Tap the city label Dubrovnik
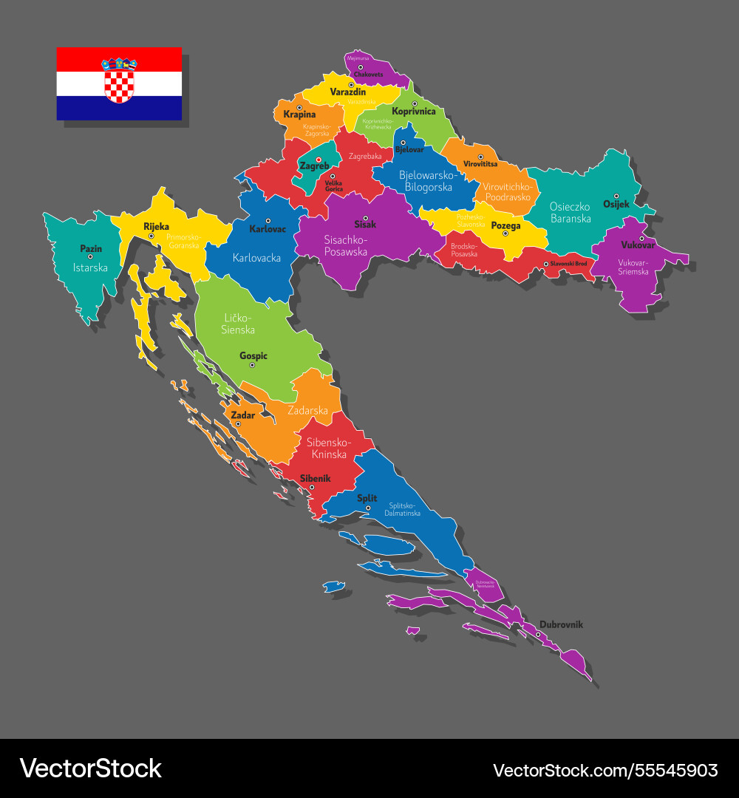tap(561, 624)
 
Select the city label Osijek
tap(616, 204)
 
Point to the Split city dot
tap(368, 508)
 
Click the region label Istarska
tap(90, 267)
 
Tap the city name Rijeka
tap(156, 227)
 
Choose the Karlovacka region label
tap(256, 258)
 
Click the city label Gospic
tap(253, 355)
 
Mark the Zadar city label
tap(242, 415)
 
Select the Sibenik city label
tap(315, 479)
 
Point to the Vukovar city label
tap(638, 245)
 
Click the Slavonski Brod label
tap(568, 263)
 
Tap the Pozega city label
tap(506, 225)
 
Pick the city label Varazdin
tap(347, 92)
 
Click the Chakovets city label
tap(369, 75)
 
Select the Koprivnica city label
tap(414, 112)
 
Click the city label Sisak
tap(365, 224)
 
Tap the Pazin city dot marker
tap(91, 256)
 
